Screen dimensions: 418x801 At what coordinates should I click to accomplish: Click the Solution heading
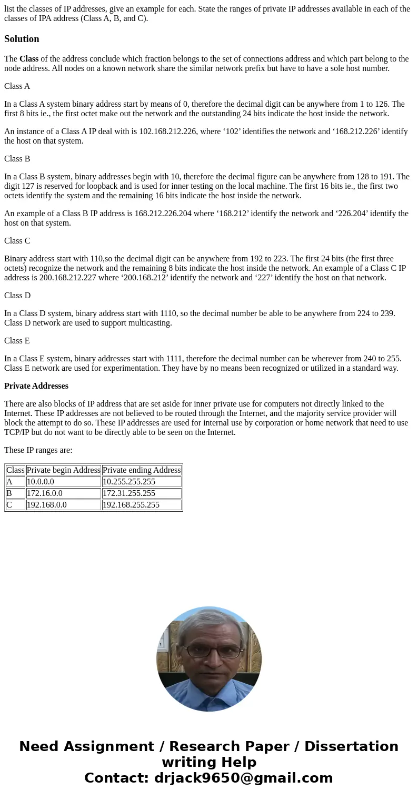click(x=22, y=39)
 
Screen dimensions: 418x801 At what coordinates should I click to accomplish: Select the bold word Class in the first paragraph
click(x=29, y=59)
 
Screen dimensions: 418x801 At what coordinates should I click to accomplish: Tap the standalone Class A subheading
click(x=17, y=86)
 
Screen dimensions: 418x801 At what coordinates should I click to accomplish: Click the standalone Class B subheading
click(x=17, y=159)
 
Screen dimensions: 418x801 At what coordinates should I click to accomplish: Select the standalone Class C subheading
click(x=17, y=241)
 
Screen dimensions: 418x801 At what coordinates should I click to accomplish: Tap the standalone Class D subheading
click(x=17, y=296)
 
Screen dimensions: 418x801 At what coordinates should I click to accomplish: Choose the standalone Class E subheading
click(x=17, y=341)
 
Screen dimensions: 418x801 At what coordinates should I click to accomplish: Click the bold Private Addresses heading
click(x=36, y=386)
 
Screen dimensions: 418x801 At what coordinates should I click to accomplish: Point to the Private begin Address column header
click(x=63, y=470)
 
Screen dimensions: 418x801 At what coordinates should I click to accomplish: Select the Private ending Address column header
click(x=142, y=470)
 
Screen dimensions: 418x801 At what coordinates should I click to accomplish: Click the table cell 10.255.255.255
click(x=129, y=482)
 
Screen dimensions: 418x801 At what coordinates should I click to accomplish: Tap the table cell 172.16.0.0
click(x=45, y=493)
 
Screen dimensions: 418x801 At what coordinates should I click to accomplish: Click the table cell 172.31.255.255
click(x=129, y=493)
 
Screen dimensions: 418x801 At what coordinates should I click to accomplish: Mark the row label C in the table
click(x=9, y=505)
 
